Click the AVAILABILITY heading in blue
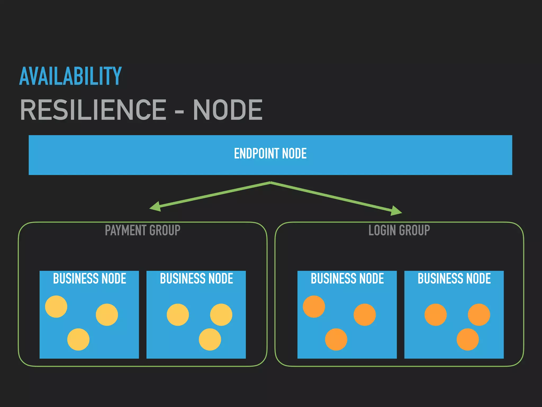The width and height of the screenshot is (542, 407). point(70,76)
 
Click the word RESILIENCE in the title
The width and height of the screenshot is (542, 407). point(93,110)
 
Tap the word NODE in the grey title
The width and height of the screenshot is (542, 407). point(228,110)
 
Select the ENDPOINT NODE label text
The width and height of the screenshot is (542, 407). point(270,154)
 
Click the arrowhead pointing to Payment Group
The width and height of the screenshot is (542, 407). point(156,207)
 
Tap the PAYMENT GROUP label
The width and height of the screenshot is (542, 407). point(142,230)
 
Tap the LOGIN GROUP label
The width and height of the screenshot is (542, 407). point(399,230)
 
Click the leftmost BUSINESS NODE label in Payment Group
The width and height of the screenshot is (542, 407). point(89,278)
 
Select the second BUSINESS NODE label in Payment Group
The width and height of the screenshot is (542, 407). point(196,278)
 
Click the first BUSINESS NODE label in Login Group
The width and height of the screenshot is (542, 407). point(347,278)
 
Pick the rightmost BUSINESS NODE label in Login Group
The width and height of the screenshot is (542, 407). point(454,278)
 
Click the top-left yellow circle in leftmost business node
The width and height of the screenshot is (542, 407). point(56,307)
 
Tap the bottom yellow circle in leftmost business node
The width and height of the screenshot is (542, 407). point(78,339)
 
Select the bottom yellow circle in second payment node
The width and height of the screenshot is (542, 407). point(210,339)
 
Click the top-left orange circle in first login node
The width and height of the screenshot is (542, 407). point(314,307)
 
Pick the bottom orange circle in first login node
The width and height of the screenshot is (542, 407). point(336,339)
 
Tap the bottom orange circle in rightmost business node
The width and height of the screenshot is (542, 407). point(468,339)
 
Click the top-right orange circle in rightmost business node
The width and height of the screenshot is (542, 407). point(479,315)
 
